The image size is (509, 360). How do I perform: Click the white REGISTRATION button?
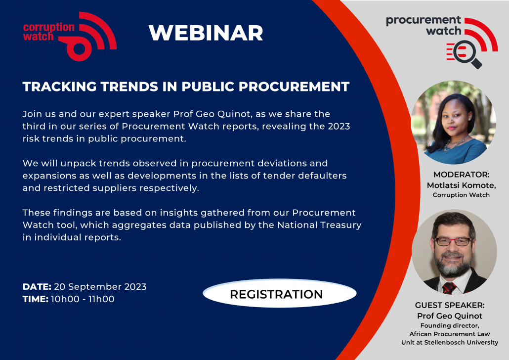point(280,293)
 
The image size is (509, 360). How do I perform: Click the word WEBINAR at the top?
point(206,33)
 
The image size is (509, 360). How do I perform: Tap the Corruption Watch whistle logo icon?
point(87,36)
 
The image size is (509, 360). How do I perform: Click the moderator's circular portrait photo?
point(454,122)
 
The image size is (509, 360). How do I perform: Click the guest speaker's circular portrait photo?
point(454,252)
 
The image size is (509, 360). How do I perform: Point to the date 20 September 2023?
point(100,287)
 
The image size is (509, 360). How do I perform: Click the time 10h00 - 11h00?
point(83,299)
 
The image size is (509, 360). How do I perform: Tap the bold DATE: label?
point(37,287)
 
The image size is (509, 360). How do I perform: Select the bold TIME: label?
point(36,299)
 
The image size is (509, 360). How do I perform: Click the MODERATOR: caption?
point(461,175)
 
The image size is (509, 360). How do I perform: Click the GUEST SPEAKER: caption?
point(450,305)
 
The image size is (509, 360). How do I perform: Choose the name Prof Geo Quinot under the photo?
point(450,316)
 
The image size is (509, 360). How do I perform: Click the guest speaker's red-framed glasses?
point(454,241)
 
